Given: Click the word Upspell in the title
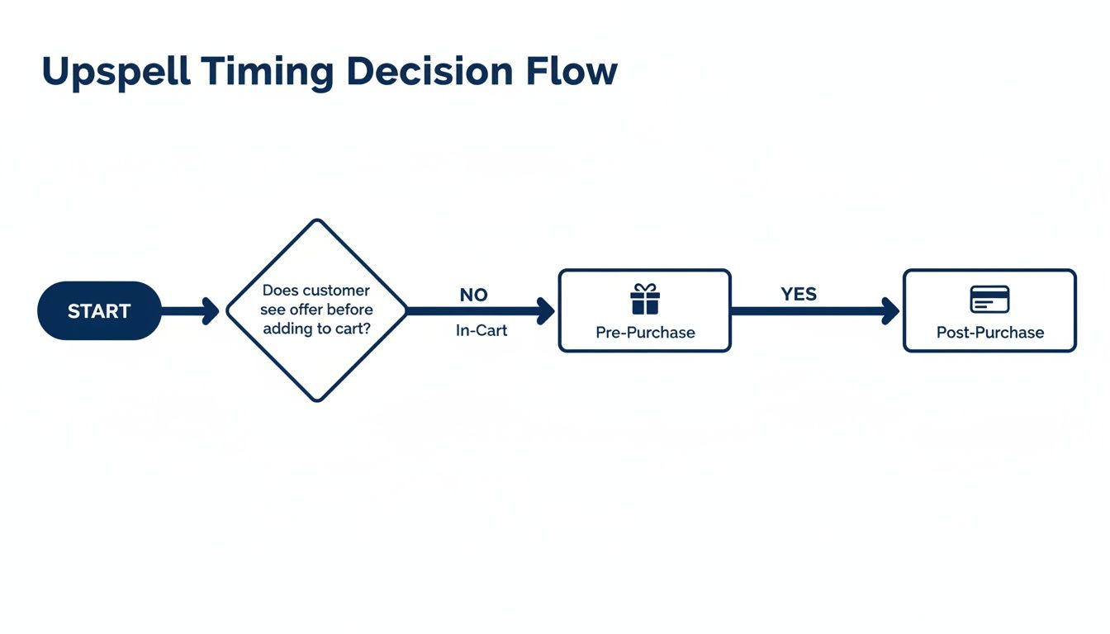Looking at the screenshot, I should tap(116, 73).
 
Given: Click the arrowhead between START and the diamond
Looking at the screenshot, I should tap(211, 311).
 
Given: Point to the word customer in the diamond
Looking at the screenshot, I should tap(336, 291).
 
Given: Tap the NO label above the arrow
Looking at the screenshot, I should tap(473, 295).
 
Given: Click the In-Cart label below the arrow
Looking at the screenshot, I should tap(481, 330).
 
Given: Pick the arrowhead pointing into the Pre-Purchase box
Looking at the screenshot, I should tap(546, 311).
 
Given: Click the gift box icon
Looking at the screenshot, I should tap(645, 299).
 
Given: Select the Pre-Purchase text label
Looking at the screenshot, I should tap(645, 333).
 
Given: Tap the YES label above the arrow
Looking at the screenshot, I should tap(799, 294).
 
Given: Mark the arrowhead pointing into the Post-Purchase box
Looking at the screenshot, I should tap(890, 311).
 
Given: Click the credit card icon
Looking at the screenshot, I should tap(989, 299).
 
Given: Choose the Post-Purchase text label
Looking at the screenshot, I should tap(989, 333).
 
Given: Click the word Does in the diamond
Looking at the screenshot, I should tap(280, 291).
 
